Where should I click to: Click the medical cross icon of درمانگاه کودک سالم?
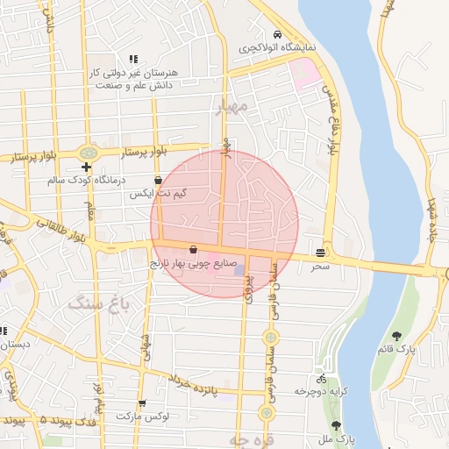[86, 167]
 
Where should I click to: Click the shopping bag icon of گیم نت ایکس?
[158, 180]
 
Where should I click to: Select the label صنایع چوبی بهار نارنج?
[192, 262]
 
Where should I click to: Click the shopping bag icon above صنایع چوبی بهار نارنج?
[193, 250]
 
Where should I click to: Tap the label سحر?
[319, 265]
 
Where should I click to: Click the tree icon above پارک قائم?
[398, 335]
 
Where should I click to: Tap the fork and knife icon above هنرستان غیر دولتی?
[133, 59]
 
